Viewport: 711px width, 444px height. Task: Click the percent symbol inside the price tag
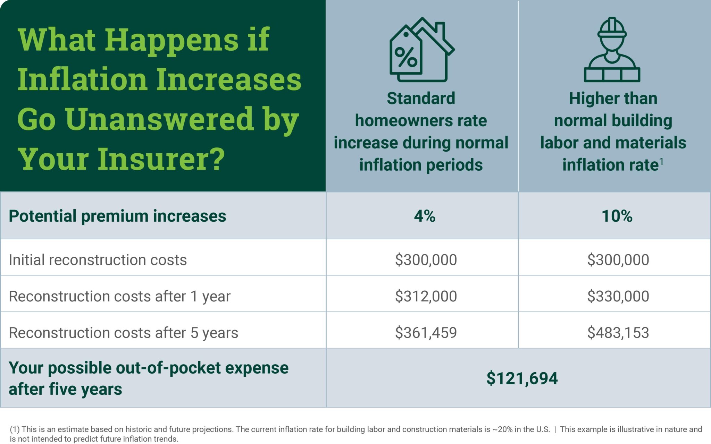click(x=406, y=57)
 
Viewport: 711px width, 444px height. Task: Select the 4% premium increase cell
click(x=424, y=216)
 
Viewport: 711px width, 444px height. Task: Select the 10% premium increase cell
click(x=617, y=216)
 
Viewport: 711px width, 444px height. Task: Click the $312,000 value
click(x=426, y=296)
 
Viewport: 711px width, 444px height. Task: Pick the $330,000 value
click(x=618, y=296)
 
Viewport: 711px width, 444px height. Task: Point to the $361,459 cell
click(x=426, y=333)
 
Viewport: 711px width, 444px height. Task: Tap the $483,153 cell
click(x=618, y=333)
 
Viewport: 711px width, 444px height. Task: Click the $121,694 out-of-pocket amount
click(x=522, y=378)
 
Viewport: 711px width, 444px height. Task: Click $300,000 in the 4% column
click(x=426, y=260)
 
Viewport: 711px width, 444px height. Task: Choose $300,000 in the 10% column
click(x=618, y=260)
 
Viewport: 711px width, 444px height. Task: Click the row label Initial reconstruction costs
click(x=98, y=260)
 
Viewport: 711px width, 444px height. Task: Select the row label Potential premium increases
click(x=117, y=216)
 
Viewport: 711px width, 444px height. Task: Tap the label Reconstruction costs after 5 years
click(x=123, y=333)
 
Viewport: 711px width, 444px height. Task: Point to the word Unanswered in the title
click(x=160, y=119)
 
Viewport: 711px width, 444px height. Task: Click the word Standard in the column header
click(x=421, y=99)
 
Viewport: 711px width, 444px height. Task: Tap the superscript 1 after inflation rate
click(x=661, y=161)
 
